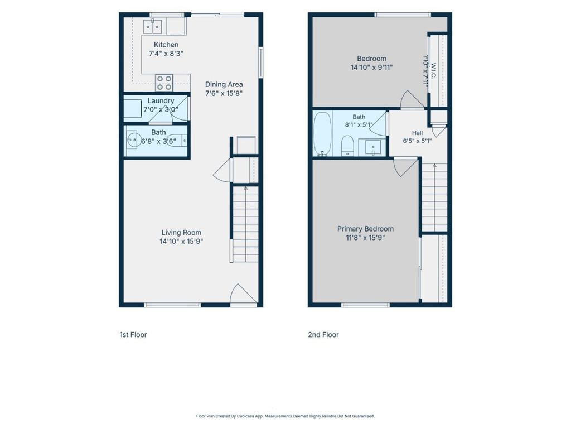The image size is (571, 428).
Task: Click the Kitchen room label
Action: pyautogui.click(x=166, y=45)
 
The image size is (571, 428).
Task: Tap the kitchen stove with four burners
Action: pyautogui.click(x=164, y=83)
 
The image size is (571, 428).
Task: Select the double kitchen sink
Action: pyautogui.click(x=153, y=26)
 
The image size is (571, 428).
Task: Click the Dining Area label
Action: pyautogui.click(x=224, y=84)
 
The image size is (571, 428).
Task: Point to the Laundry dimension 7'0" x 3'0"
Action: pyautogui.click(x=161, y=109)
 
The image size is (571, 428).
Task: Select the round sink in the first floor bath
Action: pyautogui.click(x=134, y=140)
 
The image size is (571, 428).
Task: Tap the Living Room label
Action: pyautogui.click(x=181, y=232)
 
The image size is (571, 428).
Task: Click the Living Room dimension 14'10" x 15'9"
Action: pyautogui.click(x=181, y=241)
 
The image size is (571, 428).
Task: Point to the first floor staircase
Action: pyautogui.click(x=245, y=224)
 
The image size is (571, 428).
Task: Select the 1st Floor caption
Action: pyautogui.click(x=133, y=335)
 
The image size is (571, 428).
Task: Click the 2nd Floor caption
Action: pyautogui.click(x=323, y=335)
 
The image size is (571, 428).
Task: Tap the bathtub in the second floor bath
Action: pyautogui.click(x=323, y=134)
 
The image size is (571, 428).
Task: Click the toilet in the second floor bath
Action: pyautogui.click(x=348, y=146)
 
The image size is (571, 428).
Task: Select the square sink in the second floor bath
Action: pyautogui.click(x=371, y=147)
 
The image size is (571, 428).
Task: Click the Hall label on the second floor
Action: pyautogui.click(x=417, y=133)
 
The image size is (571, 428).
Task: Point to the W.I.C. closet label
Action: pyautogui.click(x=434, y=71)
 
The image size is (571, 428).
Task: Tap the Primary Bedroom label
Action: pyautogui.click(x=365, y=229)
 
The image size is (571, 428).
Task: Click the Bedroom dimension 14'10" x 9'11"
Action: pyautogui.click(x=371, y=67)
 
